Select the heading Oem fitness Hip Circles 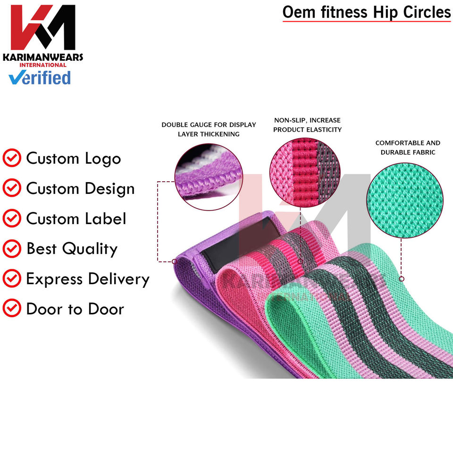point(367,12)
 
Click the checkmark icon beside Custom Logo point(12,159)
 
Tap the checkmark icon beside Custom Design point(12,189)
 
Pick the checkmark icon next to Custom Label point(12,219)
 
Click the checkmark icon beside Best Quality point(12,249)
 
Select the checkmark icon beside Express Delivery point(12,279)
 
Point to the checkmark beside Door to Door point(12,309)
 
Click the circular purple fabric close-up point(208,177)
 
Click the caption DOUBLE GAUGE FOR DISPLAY point(209,125)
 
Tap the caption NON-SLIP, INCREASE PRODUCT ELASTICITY point(307,125)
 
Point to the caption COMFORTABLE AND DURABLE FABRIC point(408,147)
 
